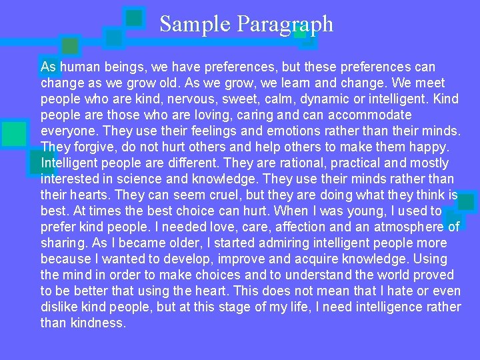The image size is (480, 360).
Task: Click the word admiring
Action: (247, 243)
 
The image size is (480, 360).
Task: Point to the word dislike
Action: (60, 307)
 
